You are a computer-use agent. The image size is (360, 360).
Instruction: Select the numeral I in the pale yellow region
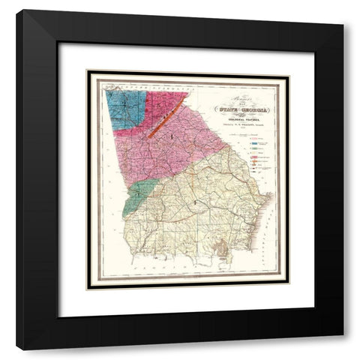point(196,203)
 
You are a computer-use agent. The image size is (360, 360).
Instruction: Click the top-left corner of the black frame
point(18,10)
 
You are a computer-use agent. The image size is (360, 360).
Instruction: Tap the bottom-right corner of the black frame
point(343,349)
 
